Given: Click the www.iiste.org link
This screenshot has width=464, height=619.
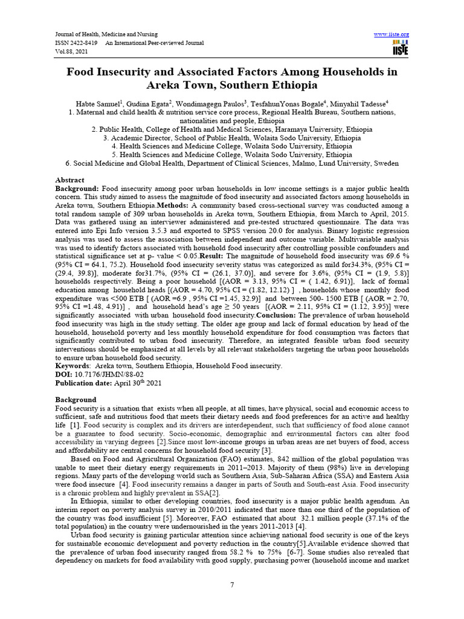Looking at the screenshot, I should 391,34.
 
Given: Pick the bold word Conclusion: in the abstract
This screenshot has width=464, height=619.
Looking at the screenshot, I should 282,315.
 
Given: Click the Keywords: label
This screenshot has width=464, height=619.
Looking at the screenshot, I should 72,366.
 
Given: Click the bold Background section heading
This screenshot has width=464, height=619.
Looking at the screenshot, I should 76,400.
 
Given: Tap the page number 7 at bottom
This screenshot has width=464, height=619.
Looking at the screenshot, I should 232,584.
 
